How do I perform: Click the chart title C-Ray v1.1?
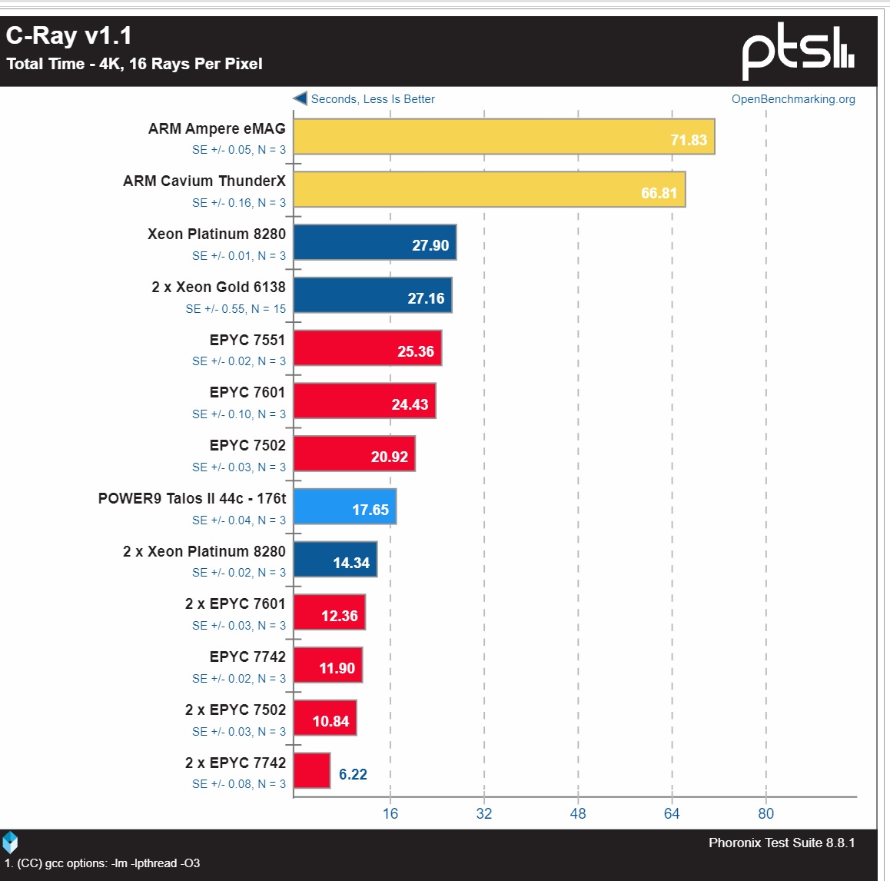pos(69,35)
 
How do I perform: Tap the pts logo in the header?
pos(798,51)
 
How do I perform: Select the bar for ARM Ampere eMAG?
pos(503,137)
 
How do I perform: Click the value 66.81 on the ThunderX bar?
pos(659,193)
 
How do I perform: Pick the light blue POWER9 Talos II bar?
pos(344,507)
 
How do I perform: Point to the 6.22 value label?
pos(353,774)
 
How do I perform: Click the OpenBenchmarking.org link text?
pos(793,99)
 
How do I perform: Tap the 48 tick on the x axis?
pos(578,813)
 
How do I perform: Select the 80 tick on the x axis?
pos(765,813)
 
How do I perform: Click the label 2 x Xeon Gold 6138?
pos(218,287)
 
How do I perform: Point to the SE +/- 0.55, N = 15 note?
pos(235,309)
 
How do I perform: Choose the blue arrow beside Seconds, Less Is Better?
pos(300,98)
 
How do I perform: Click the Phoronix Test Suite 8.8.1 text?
pos(782,843)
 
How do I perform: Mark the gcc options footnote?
pos(102,863)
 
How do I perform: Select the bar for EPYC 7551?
pos(367,348)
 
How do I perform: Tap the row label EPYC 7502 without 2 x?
pos(247,445)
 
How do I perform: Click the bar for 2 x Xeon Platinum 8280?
pos(335,560)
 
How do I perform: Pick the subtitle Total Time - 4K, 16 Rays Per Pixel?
pos(134,64)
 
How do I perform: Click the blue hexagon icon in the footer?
pos(10,843)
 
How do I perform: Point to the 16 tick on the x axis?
pos(390,813)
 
